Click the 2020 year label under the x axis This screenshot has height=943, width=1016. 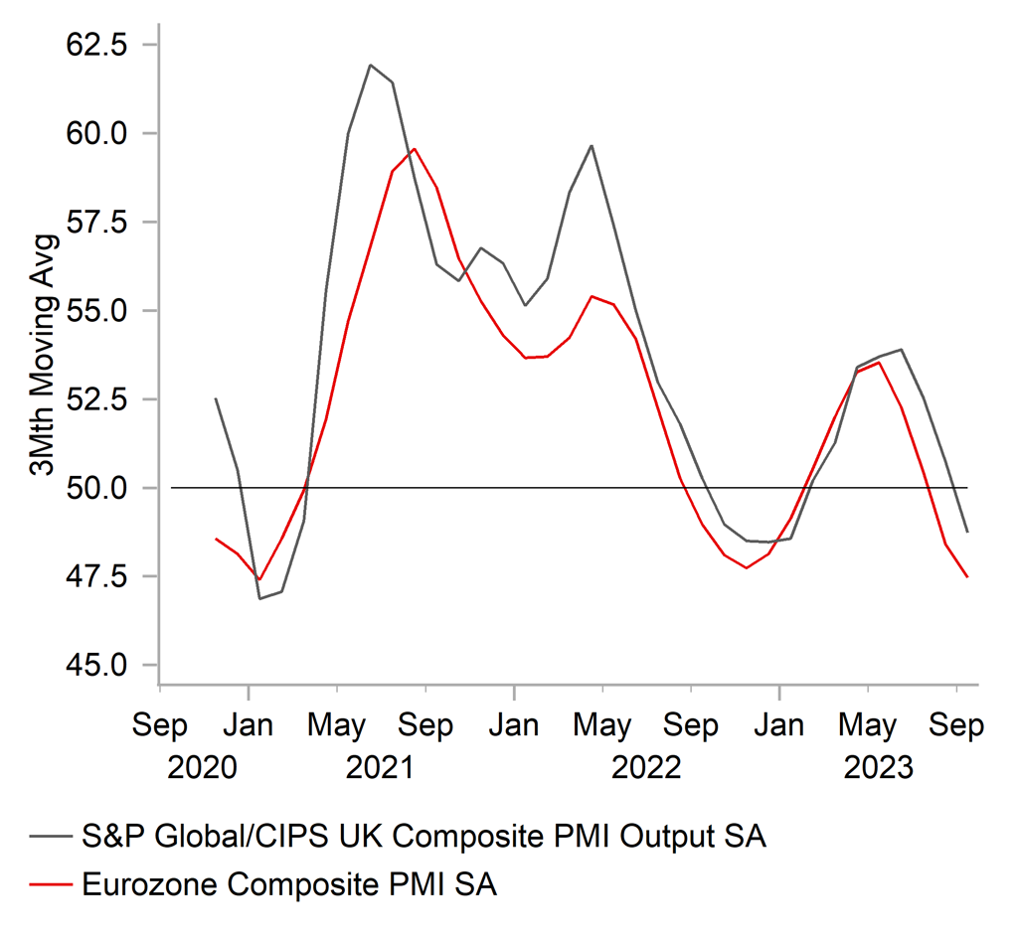pos(203,768)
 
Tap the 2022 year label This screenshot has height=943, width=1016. pos(646,768)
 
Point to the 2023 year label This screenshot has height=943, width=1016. pos(878,768)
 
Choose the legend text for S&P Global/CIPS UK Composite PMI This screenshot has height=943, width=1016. pos(424,837)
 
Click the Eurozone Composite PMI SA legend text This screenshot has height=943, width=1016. pos(289,884)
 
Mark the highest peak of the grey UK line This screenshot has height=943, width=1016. pos(370,66)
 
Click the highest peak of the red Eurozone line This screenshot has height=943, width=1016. pos(414,149)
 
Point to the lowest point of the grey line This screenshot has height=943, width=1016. pos(259,598)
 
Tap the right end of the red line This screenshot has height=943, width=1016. pos(967,576)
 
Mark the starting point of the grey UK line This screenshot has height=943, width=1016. pos(216,398)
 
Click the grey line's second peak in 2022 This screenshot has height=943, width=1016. pos(592,146)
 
